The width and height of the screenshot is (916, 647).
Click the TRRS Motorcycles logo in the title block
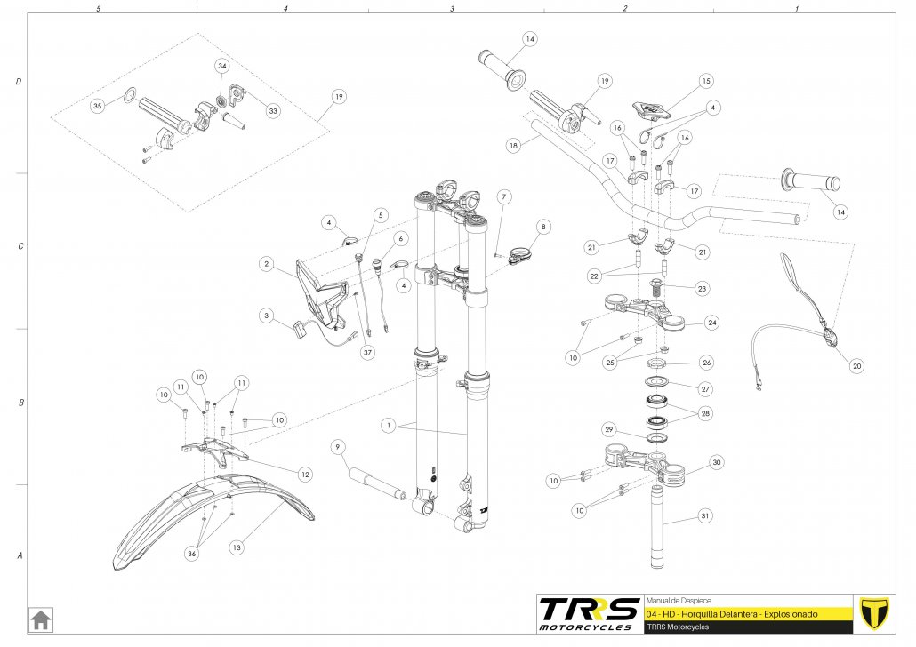[x=589, y=614]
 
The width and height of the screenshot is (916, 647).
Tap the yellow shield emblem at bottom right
[x=877, y=613]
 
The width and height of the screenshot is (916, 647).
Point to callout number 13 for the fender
[x=237, y=548]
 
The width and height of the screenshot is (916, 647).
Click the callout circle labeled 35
[x=98, y=106]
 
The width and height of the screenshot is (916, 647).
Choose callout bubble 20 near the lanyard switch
[x=856, y=365]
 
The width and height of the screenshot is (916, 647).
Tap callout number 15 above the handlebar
[x=706, y=81]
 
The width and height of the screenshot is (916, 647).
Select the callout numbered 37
[x=367, y=352]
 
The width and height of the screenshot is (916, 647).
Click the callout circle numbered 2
[x=265, y=264]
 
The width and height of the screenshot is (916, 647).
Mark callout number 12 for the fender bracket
[x=305, y=475]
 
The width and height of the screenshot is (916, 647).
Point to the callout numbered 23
[x=703, y=288]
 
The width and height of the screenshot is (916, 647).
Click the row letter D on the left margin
[x=19, y=82]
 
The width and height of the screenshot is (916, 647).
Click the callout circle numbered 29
[x=608, y=430]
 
